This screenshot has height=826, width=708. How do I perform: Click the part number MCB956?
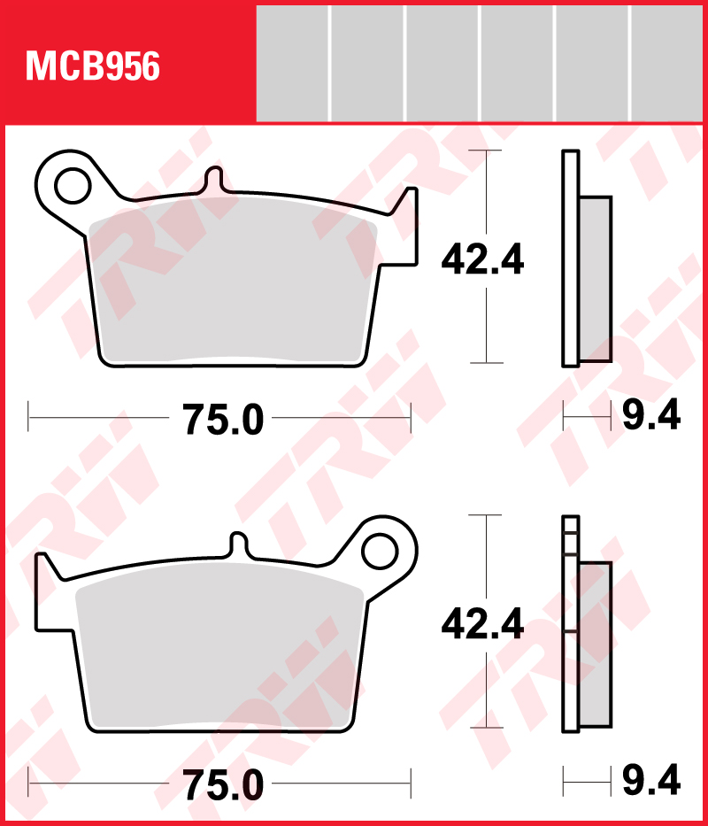[93, 66]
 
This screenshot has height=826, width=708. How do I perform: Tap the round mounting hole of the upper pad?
[70, 185]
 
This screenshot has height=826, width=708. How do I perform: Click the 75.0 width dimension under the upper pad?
[223, 420]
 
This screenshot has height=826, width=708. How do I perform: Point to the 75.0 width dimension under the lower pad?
[223, 785]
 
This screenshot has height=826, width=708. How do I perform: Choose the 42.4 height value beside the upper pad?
[483, 259]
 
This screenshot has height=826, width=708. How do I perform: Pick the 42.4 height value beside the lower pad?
[483, 625]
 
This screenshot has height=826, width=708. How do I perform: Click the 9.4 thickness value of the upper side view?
[651, 415]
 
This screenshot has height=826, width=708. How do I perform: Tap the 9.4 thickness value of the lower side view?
[651, 782]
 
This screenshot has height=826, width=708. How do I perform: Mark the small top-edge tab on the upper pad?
[214, 180]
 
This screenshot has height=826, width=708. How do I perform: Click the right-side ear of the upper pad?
[404, 226]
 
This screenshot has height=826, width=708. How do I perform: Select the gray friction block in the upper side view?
[595, 279]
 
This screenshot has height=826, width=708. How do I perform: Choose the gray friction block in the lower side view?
[595, 646]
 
